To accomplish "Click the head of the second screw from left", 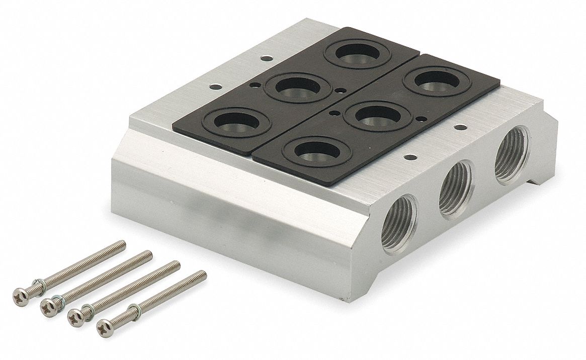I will (49, 304).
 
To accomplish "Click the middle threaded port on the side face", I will (456, 190).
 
